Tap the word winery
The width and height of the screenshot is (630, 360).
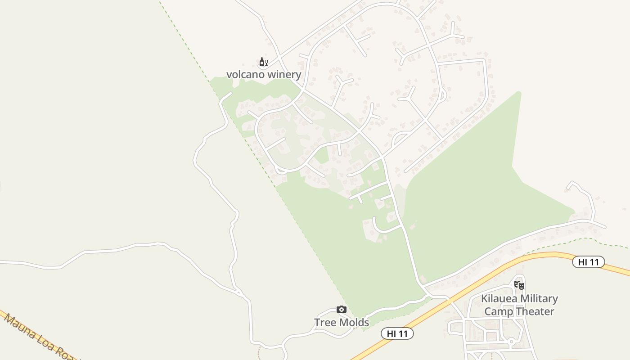282,74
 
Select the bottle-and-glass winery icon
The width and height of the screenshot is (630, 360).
263,62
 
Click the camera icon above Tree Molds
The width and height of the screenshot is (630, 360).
342,310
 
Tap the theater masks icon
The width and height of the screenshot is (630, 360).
519,285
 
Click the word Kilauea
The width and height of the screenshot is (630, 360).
500,298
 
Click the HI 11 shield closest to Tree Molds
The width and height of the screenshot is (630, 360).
397,333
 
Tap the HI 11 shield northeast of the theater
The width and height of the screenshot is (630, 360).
588,261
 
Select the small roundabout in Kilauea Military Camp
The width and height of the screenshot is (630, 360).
511,342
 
